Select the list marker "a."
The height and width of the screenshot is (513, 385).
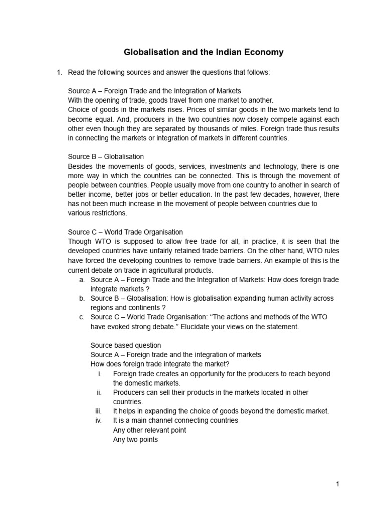point(82,280)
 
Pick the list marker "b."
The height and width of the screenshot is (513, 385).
point(82,298)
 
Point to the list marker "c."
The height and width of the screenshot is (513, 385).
point(82,317)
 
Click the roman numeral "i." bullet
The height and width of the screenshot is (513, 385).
point(100,374)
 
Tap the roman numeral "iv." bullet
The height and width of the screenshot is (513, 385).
point(99,420)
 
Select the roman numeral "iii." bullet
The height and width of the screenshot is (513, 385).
point(99,411)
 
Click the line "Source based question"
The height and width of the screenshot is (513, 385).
point(126,345)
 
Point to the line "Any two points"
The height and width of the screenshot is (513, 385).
point(135,439)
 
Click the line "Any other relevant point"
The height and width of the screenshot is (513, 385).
point(150,430)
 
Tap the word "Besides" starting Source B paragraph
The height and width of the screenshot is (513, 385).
point(80,166)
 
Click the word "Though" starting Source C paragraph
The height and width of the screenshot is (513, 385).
point(79,241)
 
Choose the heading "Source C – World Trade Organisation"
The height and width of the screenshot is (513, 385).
point(125,232)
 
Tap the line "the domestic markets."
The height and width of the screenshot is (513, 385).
point(147,383)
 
